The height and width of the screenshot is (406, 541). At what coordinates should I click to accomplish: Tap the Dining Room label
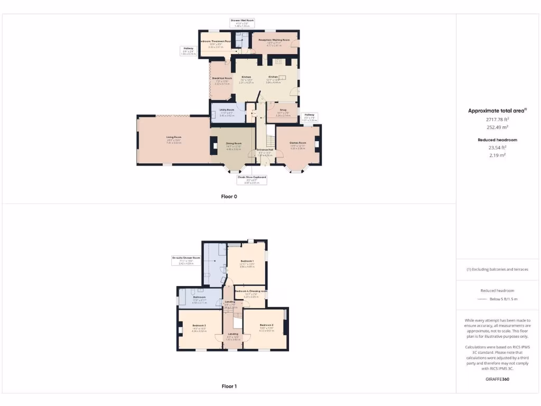[234, 143]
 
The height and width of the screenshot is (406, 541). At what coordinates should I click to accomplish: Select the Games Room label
[298, 143]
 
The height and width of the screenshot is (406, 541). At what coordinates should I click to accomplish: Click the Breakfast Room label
[222, 78]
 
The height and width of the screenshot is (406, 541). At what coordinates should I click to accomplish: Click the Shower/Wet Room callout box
[242, 23]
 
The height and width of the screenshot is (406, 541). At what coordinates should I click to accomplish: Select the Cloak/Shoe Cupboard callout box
[251, 180]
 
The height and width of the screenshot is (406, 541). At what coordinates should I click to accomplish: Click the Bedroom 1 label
[247, 261]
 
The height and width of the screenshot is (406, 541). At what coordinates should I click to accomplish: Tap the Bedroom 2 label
[266, 325]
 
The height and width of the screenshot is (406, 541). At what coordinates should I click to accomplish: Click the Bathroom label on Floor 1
[199, 297]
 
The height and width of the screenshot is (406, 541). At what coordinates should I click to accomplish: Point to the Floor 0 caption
[229, 197]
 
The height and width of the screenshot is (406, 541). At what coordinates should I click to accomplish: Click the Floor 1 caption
[229, 386]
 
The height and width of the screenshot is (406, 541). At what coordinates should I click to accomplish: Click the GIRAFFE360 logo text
[497, 379]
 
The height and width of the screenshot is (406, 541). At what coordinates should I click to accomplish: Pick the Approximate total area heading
[497, 110]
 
